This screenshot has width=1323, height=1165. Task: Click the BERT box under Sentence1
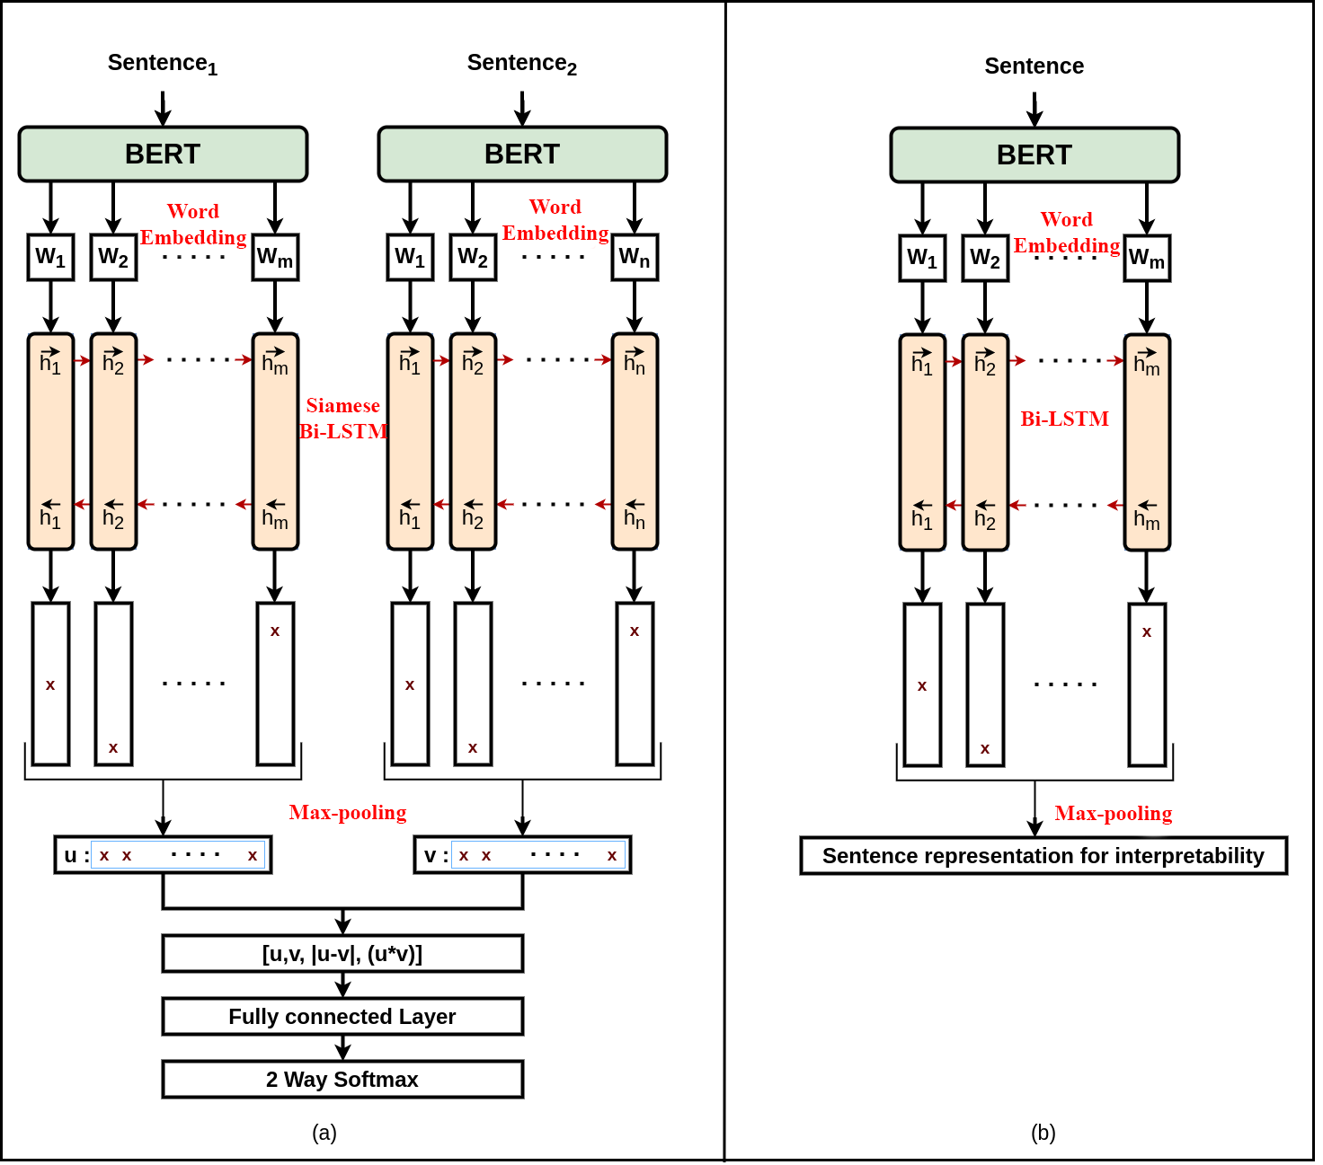pyautogui.click(x=163, y=154)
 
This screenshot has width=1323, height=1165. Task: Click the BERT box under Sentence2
pyautogui.click(x=522, y=154)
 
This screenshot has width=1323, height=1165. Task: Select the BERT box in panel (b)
pyautogui.click(x=1034, y=155)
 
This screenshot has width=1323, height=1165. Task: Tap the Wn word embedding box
pyautogui.click(x=635, y=258)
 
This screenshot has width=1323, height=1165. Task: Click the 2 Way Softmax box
pyautogui.click(x=342, y=1080)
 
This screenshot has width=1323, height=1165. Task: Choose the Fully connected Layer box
pyautogui.click(x=342, y=1017)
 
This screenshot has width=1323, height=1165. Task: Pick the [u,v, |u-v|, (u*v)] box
pyautogui.click(x=342, y=954)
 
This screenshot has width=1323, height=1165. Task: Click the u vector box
pyautogui.click(x=163, y=855)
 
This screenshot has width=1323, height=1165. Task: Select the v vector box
pyautogui.click(x=522, y=855)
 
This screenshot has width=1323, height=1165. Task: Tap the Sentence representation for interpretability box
pyautogui.click(x=1043, y=856)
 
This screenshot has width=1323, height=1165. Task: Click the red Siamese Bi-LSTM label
pyautogui.click(x=343, y=419)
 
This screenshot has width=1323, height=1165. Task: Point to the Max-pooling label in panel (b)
pyautogui.click(x=1113, y=814)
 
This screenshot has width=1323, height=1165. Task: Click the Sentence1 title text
pyautogui.click(x=162, y=64)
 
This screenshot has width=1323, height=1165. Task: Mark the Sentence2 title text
pyautogui.click(x=521, y=64)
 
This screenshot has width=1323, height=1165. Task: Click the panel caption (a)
pyautogui.click(x=324, y=1133)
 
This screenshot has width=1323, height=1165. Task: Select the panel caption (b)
pyautogui.click(x=1043, y=1133)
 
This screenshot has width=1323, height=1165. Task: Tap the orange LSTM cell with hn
pyautogui.click(x=635, y=441)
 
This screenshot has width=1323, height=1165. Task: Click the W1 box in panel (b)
pyautogui.click(x=922, y=259)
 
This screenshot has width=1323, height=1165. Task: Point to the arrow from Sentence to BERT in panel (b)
pyautogui.click(x=1034, y=109)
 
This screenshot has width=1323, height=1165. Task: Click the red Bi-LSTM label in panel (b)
pyautogui.click(x=1064, y=419)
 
